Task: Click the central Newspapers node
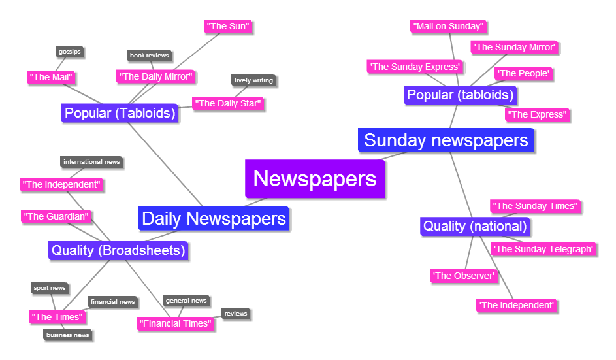[315, 178]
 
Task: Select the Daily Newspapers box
[214, 218]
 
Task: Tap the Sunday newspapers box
[446, 140]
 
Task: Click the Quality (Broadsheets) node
[119, 250]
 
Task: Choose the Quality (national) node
[475, 227]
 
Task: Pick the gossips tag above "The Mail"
[69, 52]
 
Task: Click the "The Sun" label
[228, 26]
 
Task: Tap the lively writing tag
[254, 80]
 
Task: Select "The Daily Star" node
[228, 103]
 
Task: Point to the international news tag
[91, 161]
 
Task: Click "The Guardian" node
[56, 216]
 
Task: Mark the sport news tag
[50, 288]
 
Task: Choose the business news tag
[68, 335]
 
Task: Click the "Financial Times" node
[175, 323]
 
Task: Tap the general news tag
[186, 301]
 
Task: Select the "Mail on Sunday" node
[449, 26]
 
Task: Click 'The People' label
[523, 73]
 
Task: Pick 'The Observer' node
[464, 276]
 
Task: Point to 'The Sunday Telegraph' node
[543, 248]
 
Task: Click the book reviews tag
[149, 56]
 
